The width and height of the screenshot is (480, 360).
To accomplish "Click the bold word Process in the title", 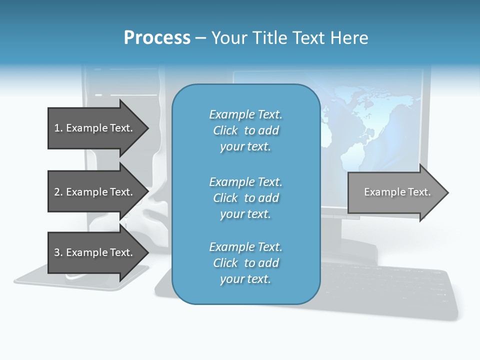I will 157,38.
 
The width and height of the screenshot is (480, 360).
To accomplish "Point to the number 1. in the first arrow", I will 58,128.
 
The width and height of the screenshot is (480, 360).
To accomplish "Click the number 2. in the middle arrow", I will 58,192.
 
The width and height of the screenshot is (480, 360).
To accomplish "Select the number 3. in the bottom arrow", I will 58,252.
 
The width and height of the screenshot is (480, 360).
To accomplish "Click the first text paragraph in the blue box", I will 245,130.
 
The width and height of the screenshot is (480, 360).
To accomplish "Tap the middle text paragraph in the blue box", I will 245,198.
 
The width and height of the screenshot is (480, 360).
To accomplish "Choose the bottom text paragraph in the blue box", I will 245,263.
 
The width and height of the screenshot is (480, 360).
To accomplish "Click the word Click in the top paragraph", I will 225,130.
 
